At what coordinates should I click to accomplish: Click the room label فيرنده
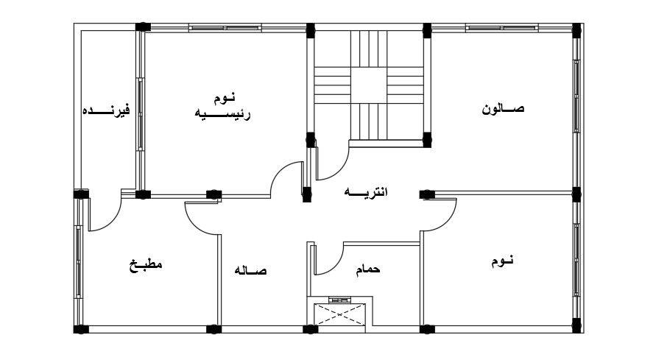pos(105,111)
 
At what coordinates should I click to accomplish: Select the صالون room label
pos(504,109)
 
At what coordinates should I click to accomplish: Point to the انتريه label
pos(367,193)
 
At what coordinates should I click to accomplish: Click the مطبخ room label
pos(145,264)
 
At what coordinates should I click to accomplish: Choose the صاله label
pos(250,271)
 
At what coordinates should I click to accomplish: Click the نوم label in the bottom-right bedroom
pos(502,261)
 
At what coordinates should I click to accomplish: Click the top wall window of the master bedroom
pos(225,28)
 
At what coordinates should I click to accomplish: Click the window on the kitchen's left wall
pos(77,261)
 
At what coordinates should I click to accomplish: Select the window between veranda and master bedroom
pos(140,112)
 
